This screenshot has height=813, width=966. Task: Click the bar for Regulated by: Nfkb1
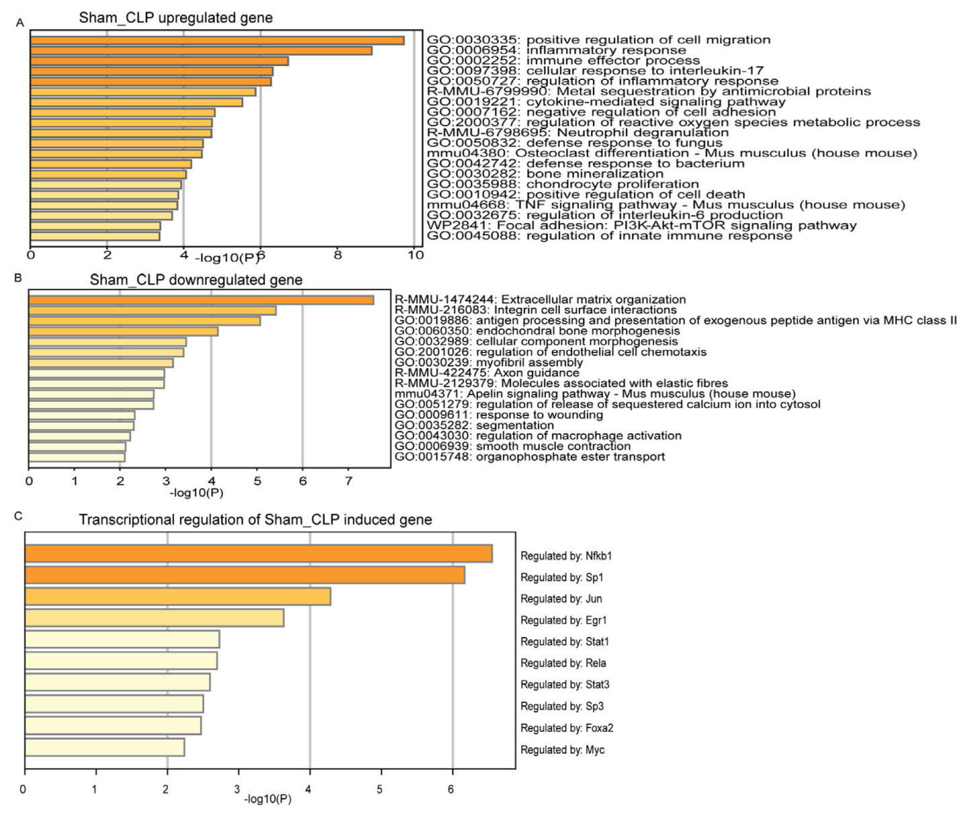pos(258,554)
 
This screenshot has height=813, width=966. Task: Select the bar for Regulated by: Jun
pos(177,597)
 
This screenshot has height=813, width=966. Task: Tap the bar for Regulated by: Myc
pos(104,747)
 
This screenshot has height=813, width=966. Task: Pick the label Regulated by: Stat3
pos(565,685)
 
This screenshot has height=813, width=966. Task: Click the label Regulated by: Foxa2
pos(567,728)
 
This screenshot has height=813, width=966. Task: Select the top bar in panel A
pos(217,40)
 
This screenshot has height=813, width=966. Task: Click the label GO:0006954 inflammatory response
pos(556,50)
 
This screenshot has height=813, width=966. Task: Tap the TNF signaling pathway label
pos(666,204)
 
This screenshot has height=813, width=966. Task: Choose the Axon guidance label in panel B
pos(486,372)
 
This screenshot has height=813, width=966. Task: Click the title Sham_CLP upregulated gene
pos(175,17)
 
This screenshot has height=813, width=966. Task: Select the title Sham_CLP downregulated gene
pos(196,280)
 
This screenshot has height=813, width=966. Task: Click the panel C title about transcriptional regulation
pos(255,519)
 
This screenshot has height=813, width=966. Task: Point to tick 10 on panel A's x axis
pos(415,255)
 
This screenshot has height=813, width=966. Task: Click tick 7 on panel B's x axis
pos(348,481)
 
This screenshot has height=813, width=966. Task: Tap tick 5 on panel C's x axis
pos(380,789)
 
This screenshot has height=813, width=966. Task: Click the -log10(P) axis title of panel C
pos(268,800)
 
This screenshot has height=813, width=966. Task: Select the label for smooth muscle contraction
pos(512,446)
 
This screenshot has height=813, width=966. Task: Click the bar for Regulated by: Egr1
pos(154,618)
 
